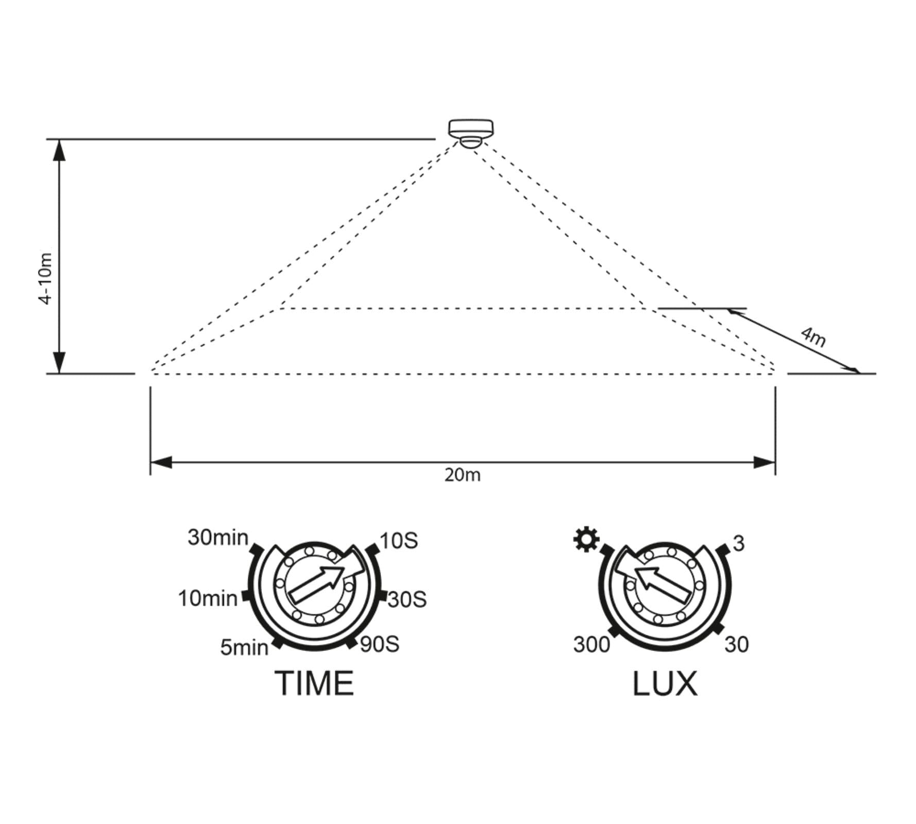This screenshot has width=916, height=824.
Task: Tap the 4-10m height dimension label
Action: [46, 279]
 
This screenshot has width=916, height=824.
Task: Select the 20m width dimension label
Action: [462, 475]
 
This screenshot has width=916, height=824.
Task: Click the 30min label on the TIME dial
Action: [218, 537]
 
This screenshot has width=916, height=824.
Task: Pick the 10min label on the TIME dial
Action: [208, 598]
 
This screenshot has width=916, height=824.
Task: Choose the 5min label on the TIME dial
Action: [244, 647]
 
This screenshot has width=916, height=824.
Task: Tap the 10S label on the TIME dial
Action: [398, 541]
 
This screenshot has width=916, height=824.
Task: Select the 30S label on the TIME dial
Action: [407, 600]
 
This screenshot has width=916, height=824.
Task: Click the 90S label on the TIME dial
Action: [380, 644]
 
